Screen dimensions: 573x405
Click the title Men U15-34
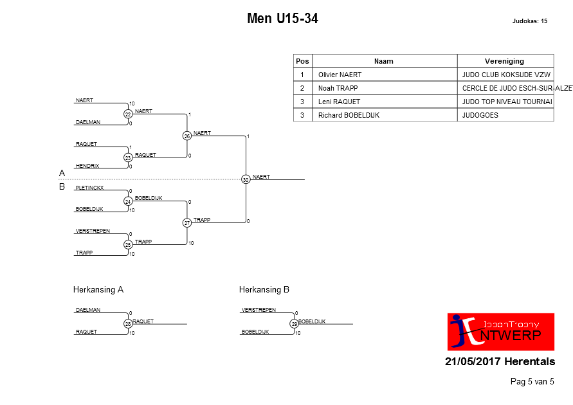coord(282,18)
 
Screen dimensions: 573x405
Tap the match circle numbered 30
coord(246,179)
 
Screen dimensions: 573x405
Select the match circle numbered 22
coord(128,114)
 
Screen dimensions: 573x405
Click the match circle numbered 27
coord(187,223)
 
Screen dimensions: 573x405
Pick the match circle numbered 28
coord(128,324)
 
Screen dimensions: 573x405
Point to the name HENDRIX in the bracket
coord(87,166)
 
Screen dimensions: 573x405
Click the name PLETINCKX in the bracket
coord(89,188)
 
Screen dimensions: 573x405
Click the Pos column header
coord(303,61)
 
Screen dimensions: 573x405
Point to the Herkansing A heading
coord(98,289)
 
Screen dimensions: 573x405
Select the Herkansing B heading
coord(264,289)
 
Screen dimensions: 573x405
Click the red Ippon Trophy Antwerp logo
coord(500,332)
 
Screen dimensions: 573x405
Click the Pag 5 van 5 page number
coord(532,382)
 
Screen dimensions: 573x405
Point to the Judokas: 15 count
coord(529,21)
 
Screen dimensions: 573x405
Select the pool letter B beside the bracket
coord(62,186)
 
